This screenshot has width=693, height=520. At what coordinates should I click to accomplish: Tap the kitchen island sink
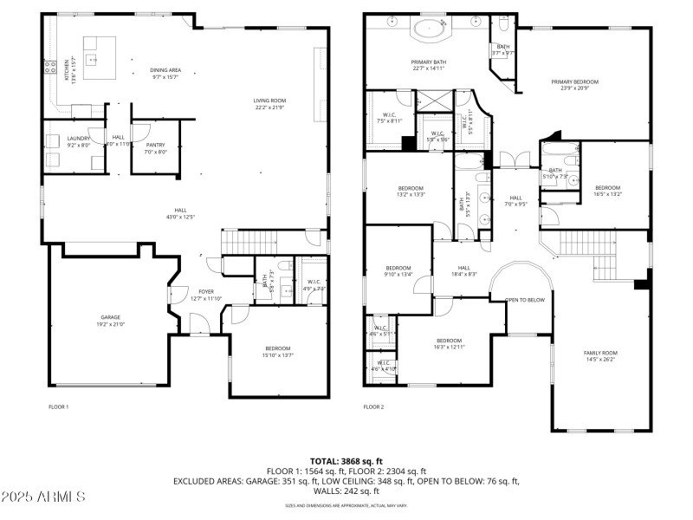[x=89, y=59]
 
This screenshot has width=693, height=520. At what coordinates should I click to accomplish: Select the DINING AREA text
[x=165, y=69]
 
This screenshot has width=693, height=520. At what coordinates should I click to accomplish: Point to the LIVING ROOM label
[x=269, y=101]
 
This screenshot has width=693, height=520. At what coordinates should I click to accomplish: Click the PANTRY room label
[x=155, y=146]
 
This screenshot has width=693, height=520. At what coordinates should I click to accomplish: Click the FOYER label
[x=205, y=292]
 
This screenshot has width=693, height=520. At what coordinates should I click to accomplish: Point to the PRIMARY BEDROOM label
[x=574, y=82]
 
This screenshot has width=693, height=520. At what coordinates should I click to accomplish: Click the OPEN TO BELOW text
[x=524, y=300]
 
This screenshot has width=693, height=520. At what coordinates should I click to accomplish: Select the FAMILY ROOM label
[x=599, y=353]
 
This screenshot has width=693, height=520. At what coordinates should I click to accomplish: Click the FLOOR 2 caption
[x=372, y=406]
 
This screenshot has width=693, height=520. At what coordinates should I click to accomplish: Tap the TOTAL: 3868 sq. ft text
[x=346, y=461]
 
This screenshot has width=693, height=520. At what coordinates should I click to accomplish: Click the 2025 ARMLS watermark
[x=43, y=497]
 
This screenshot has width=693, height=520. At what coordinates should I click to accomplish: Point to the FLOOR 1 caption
[x=58, y=406]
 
